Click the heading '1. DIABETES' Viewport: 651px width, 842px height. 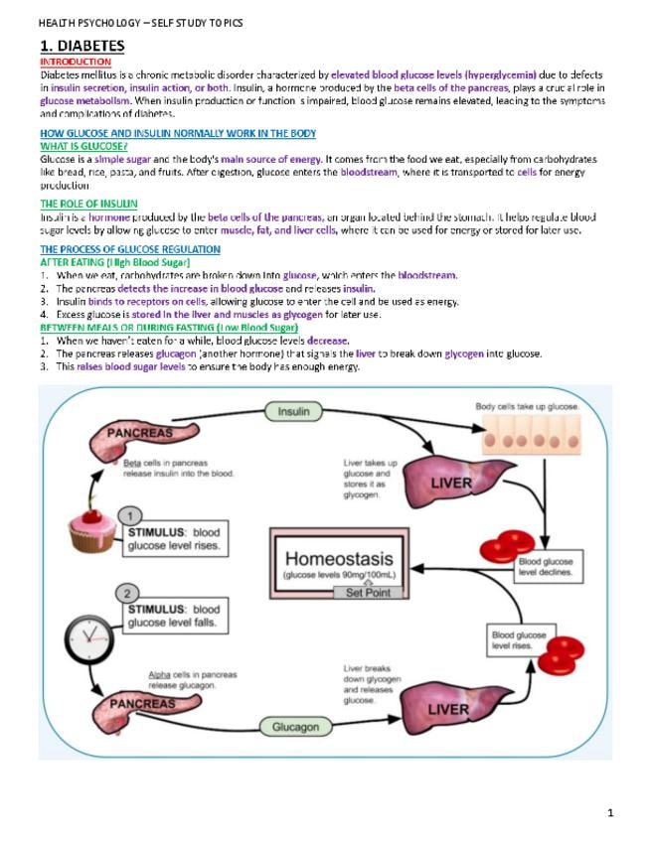click(81, 46)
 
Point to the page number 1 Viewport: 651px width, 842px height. click(610, 813)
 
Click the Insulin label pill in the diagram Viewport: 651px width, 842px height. click(293, 411)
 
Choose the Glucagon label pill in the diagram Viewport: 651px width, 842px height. click(296, 727)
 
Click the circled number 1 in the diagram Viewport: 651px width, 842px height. click(129, 515)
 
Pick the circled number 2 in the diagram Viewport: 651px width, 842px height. click(129, 594)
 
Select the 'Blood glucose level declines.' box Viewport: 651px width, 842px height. click(548, 567)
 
